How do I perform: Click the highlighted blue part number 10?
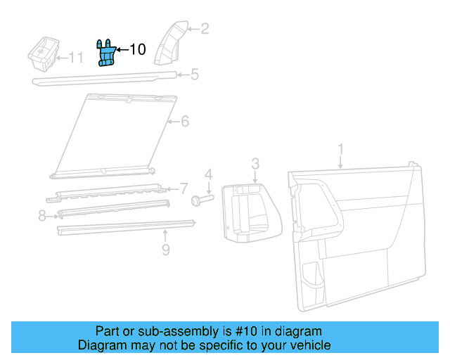(107, 54)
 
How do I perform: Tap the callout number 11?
(75, 58)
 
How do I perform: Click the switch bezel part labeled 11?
(42, 54)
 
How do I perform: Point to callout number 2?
(205, 29)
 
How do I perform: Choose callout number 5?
(195, 74)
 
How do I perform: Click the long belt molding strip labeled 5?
(105, 78)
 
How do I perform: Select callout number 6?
(184, 122)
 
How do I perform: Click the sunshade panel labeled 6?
(116, 134)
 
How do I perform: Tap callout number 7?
(184, 188)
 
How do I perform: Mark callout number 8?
(42, 217)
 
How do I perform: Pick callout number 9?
(165, 249)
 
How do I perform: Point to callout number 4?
(208, 174)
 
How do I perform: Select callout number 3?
(255, 163)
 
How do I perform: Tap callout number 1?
(341, 149)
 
